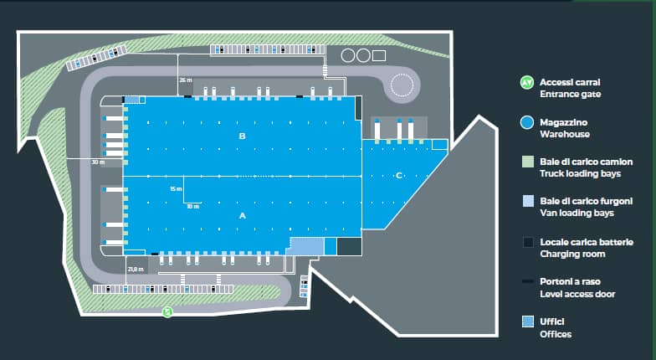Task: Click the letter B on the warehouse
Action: (242, 135)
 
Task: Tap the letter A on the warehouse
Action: (243, 215)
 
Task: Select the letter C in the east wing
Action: (399, 175)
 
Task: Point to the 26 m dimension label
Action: (185, 80)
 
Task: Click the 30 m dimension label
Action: (97, 162)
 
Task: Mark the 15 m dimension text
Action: (175, 189)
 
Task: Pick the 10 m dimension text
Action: (192, 206)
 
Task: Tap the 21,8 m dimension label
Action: (136, 269)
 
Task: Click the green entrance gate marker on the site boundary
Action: (167, 312)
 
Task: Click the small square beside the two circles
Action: (378, 55)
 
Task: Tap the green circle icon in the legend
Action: (526, 83)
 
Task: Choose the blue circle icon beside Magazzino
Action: (526, 122)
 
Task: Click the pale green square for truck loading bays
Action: (526, 162)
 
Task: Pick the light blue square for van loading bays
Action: (526, 201)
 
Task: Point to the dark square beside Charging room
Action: (526, 242)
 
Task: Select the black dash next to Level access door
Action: (526, 281)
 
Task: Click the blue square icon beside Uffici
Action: (526, 321)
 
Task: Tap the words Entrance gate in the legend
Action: (570, 95)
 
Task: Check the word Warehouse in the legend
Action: (565, 134)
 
